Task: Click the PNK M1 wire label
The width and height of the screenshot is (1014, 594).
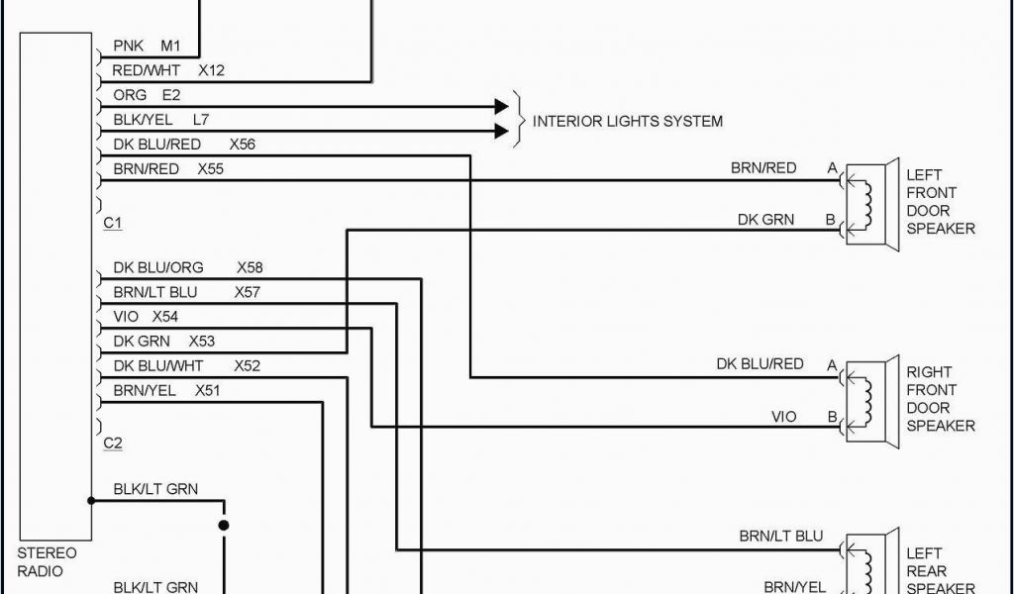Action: pyautogui.click(x=145, y=47)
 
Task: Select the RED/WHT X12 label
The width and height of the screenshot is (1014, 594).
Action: pyautogui.click(x=168, y=71)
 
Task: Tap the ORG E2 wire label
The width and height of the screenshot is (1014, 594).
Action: pyautogui.click(x=147, y=95)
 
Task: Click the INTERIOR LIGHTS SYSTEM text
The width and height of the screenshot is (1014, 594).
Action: pyautogui.click(x=627, y=122)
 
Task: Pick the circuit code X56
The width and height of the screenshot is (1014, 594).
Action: pyautogui.click(x=242, y=145)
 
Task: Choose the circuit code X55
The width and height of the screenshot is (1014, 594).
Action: pyautogui.click(x=210, y=169)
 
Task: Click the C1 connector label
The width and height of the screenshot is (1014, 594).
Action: pyautogui.click(x=113, y=224)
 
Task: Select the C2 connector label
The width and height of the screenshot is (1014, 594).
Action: pyautogui.click(x=113, y=444)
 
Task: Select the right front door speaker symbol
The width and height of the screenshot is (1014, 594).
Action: pyautogui.click(x=871, y=402)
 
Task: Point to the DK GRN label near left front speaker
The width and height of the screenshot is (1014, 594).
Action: pyautogui.click(x=765, y=220)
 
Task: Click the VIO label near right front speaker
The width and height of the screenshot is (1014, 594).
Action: pyautogui.click(x=783, y=417)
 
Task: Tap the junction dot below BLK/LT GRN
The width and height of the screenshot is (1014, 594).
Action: pyautogui.click(x=224, y=525)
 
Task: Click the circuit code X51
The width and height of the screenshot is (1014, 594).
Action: pyautogui.click(x=208, y=391)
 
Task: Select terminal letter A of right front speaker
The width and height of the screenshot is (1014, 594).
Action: pyautogui.click(x=832, y=365)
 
